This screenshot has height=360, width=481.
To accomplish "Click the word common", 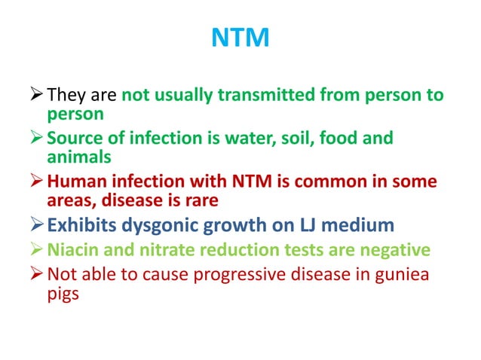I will pos(318,182).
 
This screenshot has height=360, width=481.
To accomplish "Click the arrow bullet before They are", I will pos(35,96).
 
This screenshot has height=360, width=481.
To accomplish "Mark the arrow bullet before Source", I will pos(35,139).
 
